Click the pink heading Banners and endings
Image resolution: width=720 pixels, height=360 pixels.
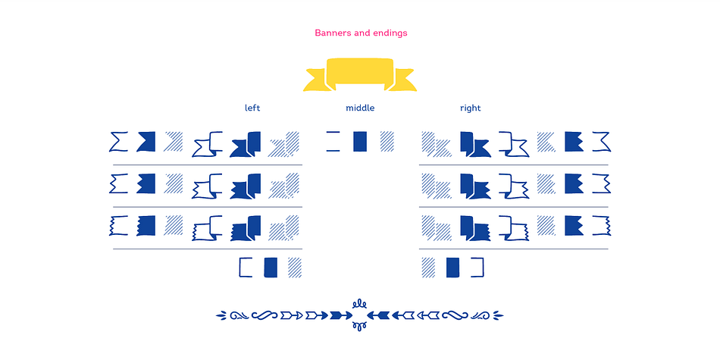click(x=361, y=33)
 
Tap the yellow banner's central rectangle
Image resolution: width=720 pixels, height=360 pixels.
click(x=360, y=71)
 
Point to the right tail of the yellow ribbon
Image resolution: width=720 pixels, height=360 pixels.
click(x=402, y=80)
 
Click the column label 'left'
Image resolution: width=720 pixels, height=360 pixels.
click(x=252, y=108)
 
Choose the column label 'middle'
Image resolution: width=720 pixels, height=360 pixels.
click(x=360, y=108)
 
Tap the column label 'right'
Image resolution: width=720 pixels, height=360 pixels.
click(x=470, y=108)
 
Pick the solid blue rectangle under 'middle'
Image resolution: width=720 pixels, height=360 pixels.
click(x=360, y=142)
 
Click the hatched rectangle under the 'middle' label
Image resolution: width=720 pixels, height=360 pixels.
click(x=387, y=142)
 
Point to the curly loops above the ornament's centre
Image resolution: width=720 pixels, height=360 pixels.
click(x=360, y=304)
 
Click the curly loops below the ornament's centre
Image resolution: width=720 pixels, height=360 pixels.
click(x=360, y=326)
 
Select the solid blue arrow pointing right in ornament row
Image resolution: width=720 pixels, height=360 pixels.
click(x=341, y=315)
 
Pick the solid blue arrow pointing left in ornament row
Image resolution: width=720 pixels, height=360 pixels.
click(x=378, y=315)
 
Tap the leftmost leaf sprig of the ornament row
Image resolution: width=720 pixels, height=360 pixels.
click(x=221, y=315)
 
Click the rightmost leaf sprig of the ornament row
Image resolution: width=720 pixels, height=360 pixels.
click(x=498, y=315)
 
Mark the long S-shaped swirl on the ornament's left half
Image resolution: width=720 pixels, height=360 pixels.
click(x=265, y=315)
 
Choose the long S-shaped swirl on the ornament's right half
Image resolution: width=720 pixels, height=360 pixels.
click(x=455, y=315)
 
